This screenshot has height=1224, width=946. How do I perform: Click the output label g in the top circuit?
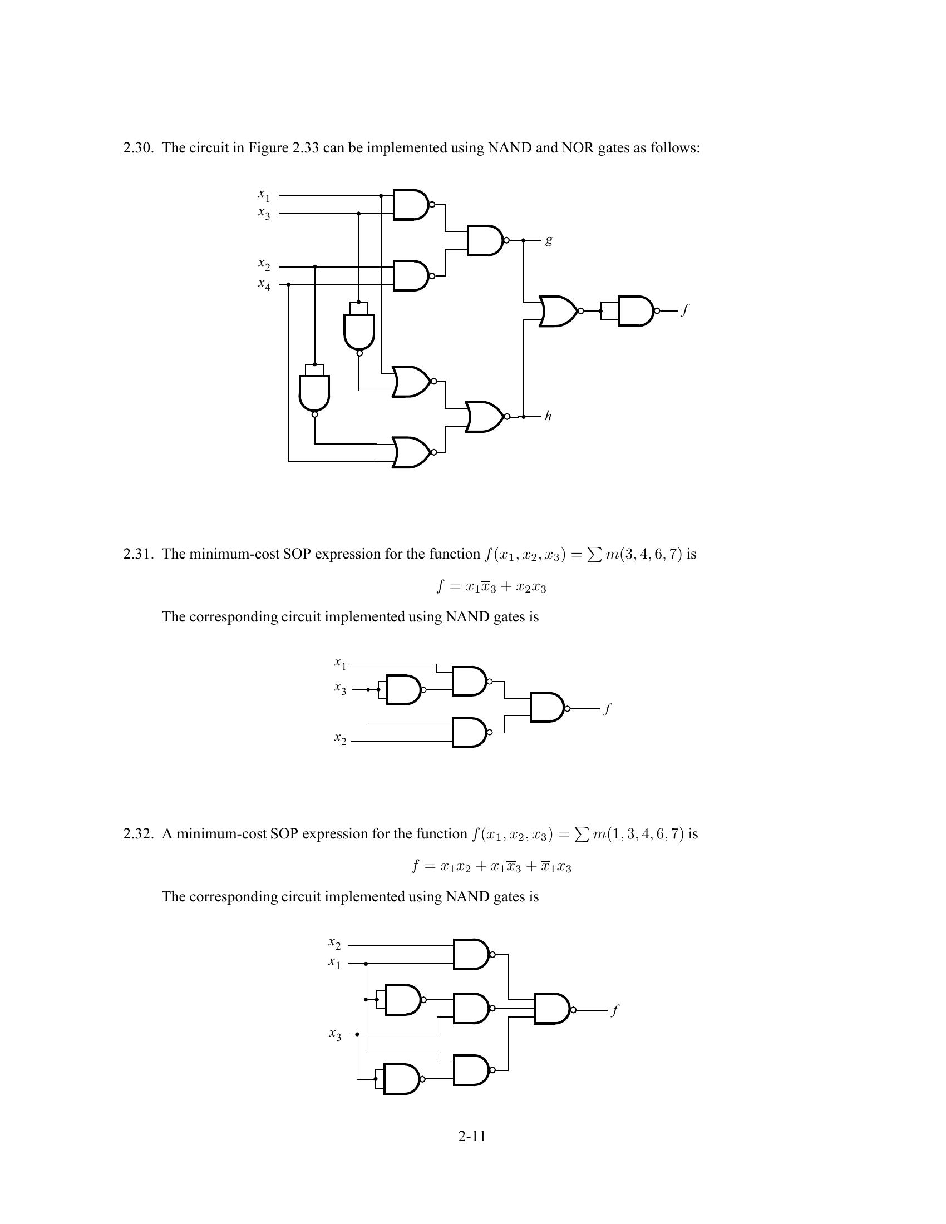tap(549, 241)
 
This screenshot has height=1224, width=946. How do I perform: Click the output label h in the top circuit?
tap(548, 416)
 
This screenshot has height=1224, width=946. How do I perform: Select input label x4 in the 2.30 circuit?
tap(264, 285)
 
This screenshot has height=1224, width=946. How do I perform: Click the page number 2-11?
tap(472, 1136)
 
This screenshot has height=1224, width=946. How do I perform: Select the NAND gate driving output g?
tap(485, 240)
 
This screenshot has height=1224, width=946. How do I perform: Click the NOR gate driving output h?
tap(485, 416)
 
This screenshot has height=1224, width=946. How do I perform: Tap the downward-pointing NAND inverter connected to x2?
tap(314, 392)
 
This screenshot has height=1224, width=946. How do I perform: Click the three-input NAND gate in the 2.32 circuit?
tap(552, 1009)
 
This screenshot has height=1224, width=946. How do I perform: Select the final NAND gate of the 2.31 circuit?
tap(547, 708)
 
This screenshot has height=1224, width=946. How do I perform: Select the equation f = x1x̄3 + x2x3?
tap(491, 587)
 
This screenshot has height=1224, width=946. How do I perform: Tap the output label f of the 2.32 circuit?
tap(615, 1010)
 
